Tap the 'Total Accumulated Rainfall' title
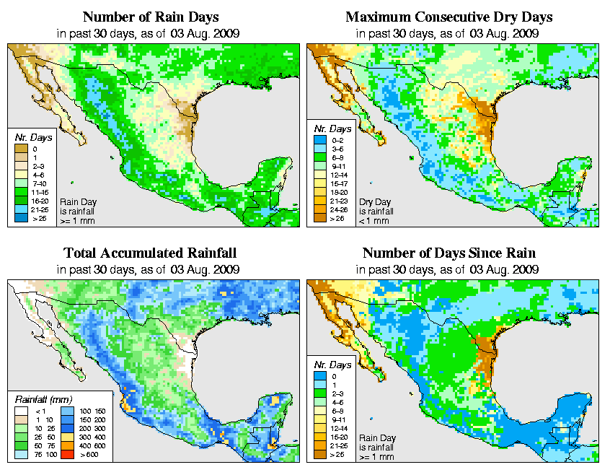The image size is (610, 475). click(x=150, y=253)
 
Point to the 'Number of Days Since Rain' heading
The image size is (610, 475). click(x=448, y=253)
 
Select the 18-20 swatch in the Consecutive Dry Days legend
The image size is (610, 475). click(x=318, y=192)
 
